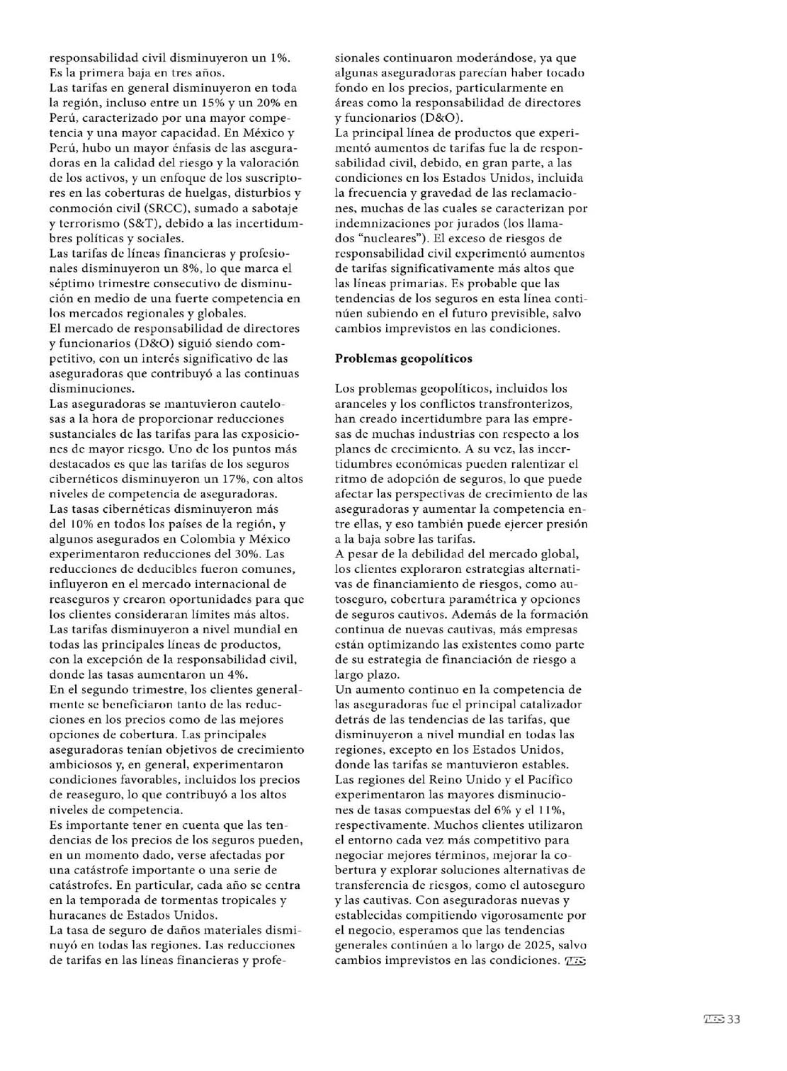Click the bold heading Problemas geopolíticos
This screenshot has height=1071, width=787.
[x=403, y=358]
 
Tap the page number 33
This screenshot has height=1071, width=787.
[x=733, y=1019]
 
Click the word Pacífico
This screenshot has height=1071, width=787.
[x=549, y=780]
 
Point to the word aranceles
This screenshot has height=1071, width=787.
[x=361, y=404]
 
